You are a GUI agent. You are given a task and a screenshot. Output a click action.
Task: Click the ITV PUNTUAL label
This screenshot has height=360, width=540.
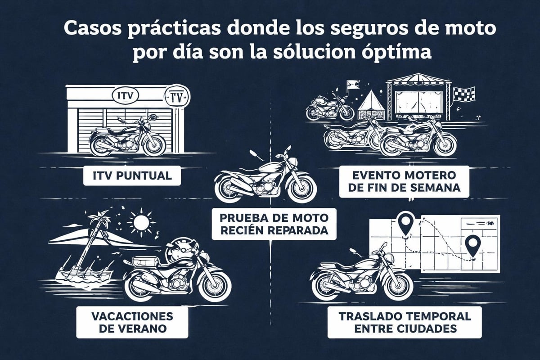click(132, 175)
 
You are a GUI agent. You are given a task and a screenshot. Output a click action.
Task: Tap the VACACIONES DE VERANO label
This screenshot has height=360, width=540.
click(132, 322)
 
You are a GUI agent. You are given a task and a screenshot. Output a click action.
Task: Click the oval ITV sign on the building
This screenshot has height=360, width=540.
click(124, 95)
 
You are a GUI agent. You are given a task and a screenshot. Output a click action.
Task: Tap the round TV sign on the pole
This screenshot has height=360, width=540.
click(178, 96)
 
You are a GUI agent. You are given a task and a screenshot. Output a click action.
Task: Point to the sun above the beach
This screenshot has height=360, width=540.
click(141, 222)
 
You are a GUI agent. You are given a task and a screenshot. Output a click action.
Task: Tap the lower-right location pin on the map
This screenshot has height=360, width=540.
click(472, 246)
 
